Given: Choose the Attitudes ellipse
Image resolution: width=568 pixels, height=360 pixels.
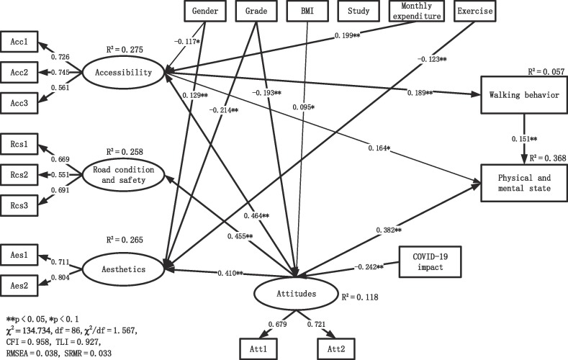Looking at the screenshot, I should [295, 294].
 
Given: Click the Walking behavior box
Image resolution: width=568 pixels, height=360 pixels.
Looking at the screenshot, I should [520, 96].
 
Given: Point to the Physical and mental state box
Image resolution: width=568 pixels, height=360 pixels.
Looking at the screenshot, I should [520, 182].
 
